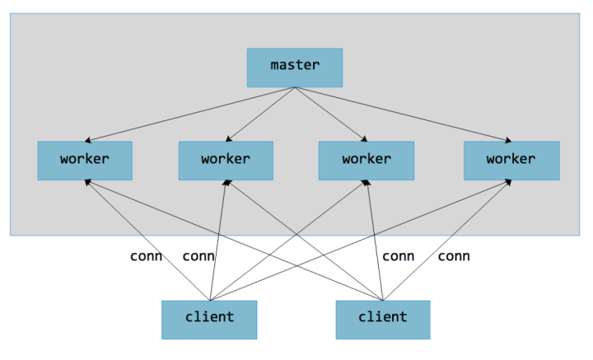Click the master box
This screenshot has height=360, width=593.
coord(294,68)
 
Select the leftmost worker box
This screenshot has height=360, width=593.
coord(85,160)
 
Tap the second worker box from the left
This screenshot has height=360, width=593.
coord(226,160)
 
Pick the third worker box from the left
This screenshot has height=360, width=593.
coord(367,160)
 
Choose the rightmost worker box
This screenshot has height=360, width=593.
coord(511,160)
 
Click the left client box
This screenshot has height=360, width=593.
coord(209,319)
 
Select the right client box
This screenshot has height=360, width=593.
coord(383,319)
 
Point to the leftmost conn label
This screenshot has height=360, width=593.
coord(146,256)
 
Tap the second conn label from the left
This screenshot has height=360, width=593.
coord(198,256)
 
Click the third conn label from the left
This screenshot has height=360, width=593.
coord(398,256)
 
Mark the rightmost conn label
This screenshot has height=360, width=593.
coord(454,256)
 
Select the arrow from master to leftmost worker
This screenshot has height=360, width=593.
coord(189,115)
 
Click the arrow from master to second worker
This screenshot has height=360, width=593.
coord(259,115)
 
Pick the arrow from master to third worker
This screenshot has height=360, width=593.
coord(329,115)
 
